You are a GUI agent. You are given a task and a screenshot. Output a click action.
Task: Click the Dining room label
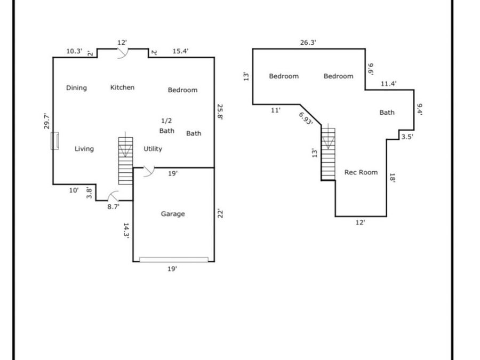pyautogui.click(x=76, y=88)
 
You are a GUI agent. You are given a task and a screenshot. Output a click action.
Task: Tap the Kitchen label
pyautogui.click(x=122, y=87)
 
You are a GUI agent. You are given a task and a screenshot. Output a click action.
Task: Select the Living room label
pyautogui.click(x=84, y=149)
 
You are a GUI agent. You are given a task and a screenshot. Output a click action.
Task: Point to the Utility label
pyautogui.click(x=153, y=149)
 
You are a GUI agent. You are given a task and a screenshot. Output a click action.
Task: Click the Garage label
pyautogui.click(x=173, y=214)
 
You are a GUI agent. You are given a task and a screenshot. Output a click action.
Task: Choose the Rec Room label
pyautogui.click(x=361, y=172)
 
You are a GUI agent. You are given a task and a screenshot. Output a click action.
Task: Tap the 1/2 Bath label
pyautogui.click(x=166, y=126)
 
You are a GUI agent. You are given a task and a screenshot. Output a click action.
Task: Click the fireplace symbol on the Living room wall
pyautogui.click(x=54, y=140)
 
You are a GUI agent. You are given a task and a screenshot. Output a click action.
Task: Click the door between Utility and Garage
pyautogui.click(x=147, y=171)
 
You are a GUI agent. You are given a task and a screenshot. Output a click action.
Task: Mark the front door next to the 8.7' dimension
pyautogui.click(x=113, y=197)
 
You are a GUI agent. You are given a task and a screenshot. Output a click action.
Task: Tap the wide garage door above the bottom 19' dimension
pyautogui.click(x=174, y=260)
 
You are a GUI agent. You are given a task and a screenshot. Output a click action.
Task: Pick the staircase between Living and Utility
pyautogui.click(x=125, y=161)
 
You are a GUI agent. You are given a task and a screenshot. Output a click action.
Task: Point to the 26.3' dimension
pyautogui.click(x=308, y=43)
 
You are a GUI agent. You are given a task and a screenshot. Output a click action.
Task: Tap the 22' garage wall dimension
pyautogui.click(x=219, y=213)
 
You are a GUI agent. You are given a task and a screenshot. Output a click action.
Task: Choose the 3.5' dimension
pyautogui.click(x=407, y=137)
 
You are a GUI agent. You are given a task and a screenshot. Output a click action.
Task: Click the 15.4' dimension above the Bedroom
pyautogui.click(x=180, y=51)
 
